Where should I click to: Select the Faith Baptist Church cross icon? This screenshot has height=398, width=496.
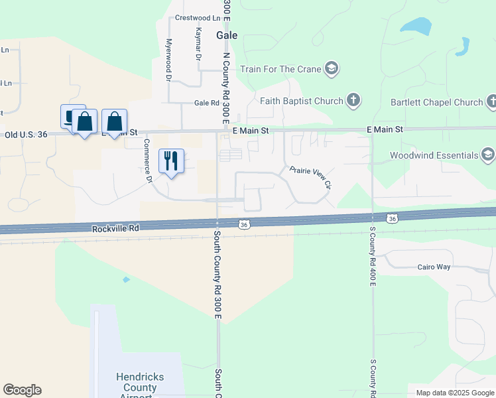click(x=354, y=101)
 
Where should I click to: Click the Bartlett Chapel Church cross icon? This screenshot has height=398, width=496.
click(x=491, y=102)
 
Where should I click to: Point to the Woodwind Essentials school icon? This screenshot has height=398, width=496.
click(x=488, y=155)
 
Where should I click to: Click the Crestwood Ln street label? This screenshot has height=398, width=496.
click(x=198, y=18)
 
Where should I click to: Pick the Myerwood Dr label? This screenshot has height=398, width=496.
click(x=168, y=60)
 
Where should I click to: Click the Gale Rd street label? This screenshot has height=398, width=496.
click(x=206, y=103)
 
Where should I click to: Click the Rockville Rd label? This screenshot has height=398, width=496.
click(x=115, y=228)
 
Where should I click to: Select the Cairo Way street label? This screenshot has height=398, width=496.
click(x=434, y=267)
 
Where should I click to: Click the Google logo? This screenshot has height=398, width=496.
click(x=22, y=390)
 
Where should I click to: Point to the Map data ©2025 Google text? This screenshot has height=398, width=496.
click(x=455, y=393)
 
